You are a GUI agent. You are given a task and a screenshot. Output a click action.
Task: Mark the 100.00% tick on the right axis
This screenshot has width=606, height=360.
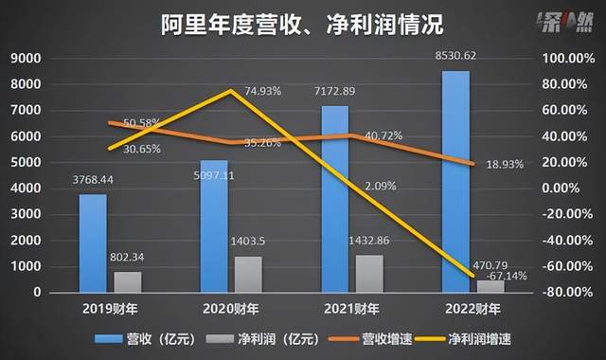click(569, 58)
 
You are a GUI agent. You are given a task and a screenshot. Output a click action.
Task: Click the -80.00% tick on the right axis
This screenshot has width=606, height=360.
click(570, 292)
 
